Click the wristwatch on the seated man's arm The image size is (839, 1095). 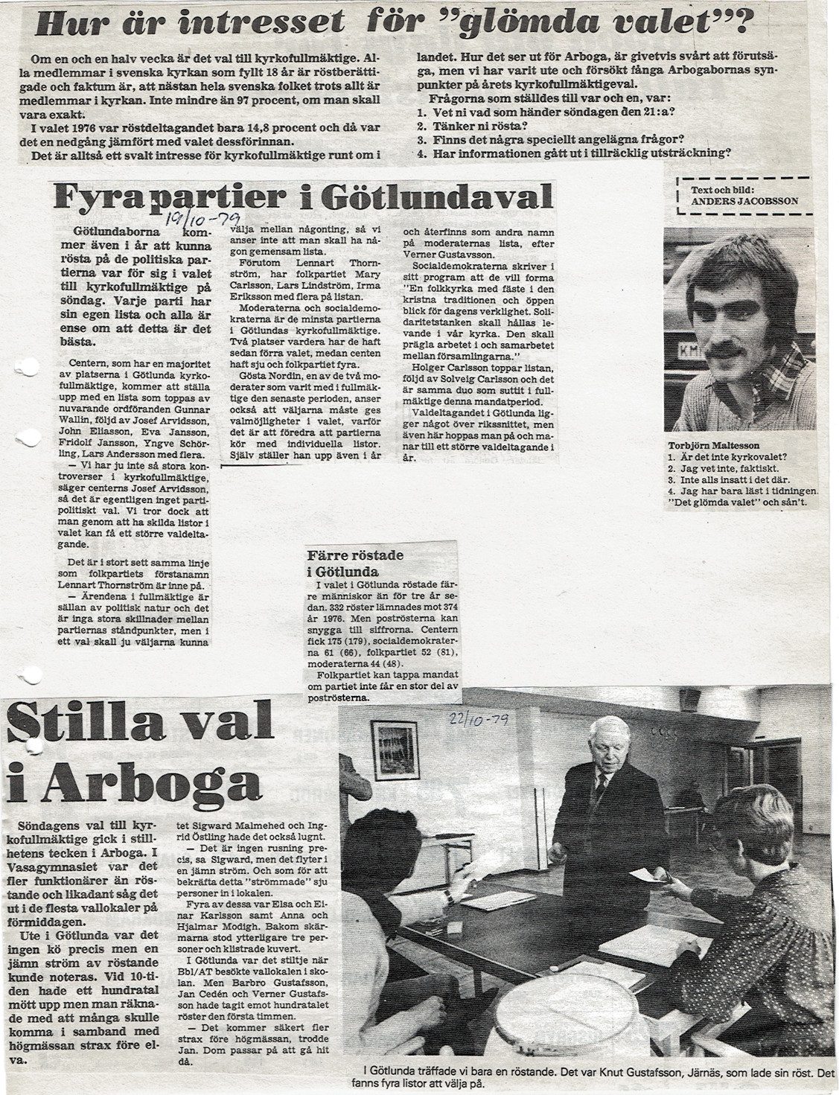click(450, 897)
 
